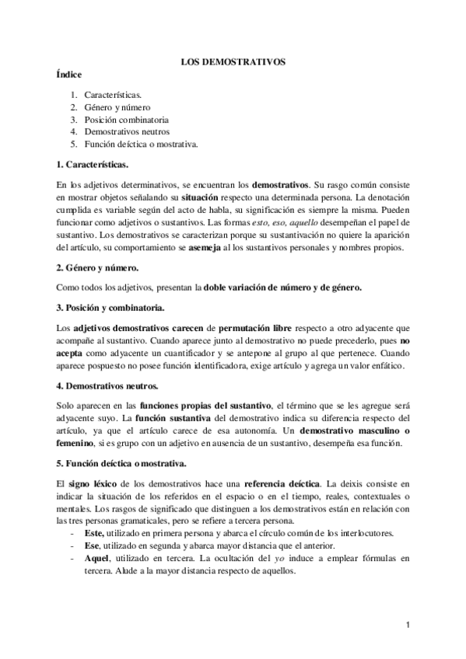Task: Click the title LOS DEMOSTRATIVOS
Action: [x=233, y=59]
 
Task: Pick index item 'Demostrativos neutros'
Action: [x=128, y=132]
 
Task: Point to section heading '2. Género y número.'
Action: [x=98, y=267]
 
